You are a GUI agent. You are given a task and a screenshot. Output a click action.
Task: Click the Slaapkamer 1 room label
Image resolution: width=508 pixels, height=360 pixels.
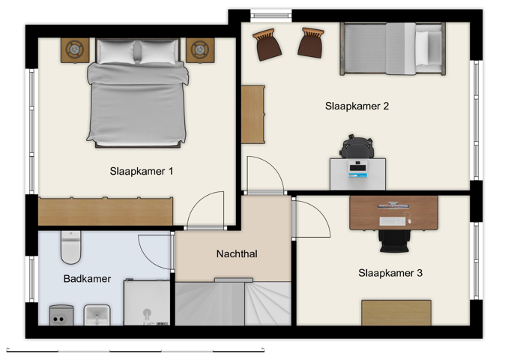click(142, 171)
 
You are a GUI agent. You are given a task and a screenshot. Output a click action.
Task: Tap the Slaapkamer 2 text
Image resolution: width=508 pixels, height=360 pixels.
click(357, 106)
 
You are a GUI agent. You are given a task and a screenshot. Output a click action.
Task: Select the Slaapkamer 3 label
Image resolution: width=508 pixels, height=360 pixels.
click(390, 273)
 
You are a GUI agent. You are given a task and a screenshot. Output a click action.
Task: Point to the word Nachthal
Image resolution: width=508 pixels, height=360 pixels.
click(237, 254)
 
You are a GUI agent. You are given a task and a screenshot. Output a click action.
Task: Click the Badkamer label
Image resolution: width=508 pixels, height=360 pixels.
click(87, 279)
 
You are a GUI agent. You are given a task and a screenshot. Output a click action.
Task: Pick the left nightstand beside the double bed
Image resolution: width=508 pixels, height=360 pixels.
click(75, 49)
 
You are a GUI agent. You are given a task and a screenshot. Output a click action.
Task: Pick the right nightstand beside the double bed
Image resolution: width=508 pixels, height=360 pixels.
click(200, 49)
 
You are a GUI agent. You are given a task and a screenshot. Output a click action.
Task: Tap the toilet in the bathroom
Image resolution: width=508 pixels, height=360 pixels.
click(71, 248)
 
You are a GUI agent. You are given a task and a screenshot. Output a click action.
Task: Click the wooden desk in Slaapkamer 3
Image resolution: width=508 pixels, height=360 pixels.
click(393, 212)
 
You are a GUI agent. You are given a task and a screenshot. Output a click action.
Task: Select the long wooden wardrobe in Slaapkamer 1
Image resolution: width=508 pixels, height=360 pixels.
click(106, 211)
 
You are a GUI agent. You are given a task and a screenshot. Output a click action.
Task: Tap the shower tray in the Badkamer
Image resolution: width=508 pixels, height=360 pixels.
click(147, 302)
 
